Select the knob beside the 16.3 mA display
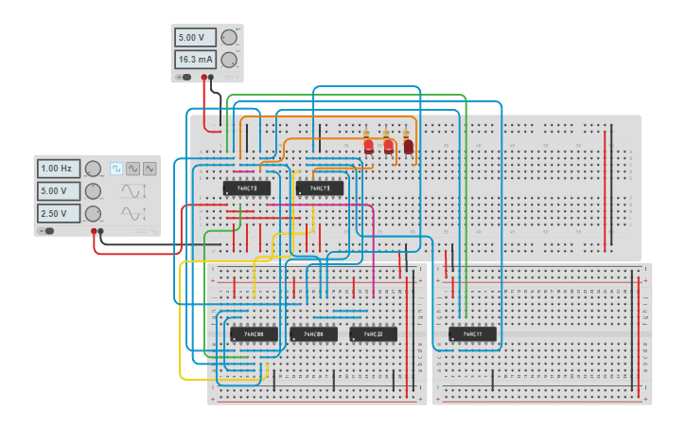click(x=229, y=60)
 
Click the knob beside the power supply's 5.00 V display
click(x=229, y=38)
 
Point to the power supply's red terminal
click(x=203, y=78)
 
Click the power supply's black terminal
click(x=211, y=78)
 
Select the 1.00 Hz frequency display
click(x=59, y=169)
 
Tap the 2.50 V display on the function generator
click(x=59, y=212)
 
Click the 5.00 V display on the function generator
click(x=59, y=190)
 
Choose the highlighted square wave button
click(x=116, y=169)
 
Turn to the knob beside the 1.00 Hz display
click(x=93, y=169)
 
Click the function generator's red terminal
click(x=94, y=230)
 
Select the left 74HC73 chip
click(x=247, y=188)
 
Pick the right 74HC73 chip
click(x=319, y=188)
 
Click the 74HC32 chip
click(x=373, y=334)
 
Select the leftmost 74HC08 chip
click(x=254, y=334)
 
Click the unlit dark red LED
click(x=408, y=146)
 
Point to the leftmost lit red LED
click(x=368, y=146)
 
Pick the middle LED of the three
click(x=388, y=146)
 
